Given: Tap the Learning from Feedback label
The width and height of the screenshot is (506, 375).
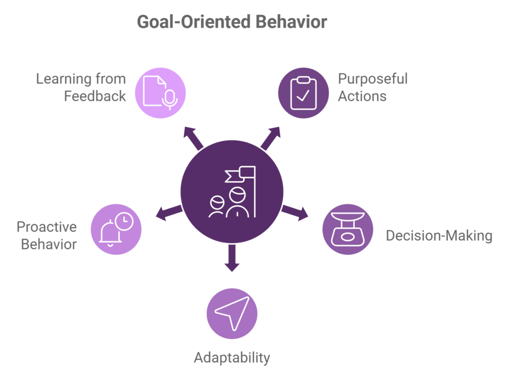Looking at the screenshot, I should pos(81,87).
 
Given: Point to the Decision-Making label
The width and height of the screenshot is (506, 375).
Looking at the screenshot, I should pos(438,236).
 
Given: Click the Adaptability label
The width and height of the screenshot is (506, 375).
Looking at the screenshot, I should pos(232,358).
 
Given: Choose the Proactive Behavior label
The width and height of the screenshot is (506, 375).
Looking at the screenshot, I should pos(47,235).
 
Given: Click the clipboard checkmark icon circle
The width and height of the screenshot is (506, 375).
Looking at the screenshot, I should pos(303,92).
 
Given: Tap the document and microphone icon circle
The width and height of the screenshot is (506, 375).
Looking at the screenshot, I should pos(161,92).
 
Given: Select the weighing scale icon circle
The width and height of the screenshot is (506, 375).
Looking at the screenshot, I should pos(347,230).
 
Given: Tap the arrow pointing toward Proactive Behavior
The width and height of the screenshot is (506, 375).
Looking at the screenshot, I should pos(167,213).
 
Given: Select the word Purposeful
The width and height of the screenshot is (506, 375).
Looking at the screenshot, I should pos(373,79).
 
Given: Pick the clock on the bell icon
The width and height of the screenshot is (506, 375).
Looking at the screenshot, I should pos(124,221).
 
